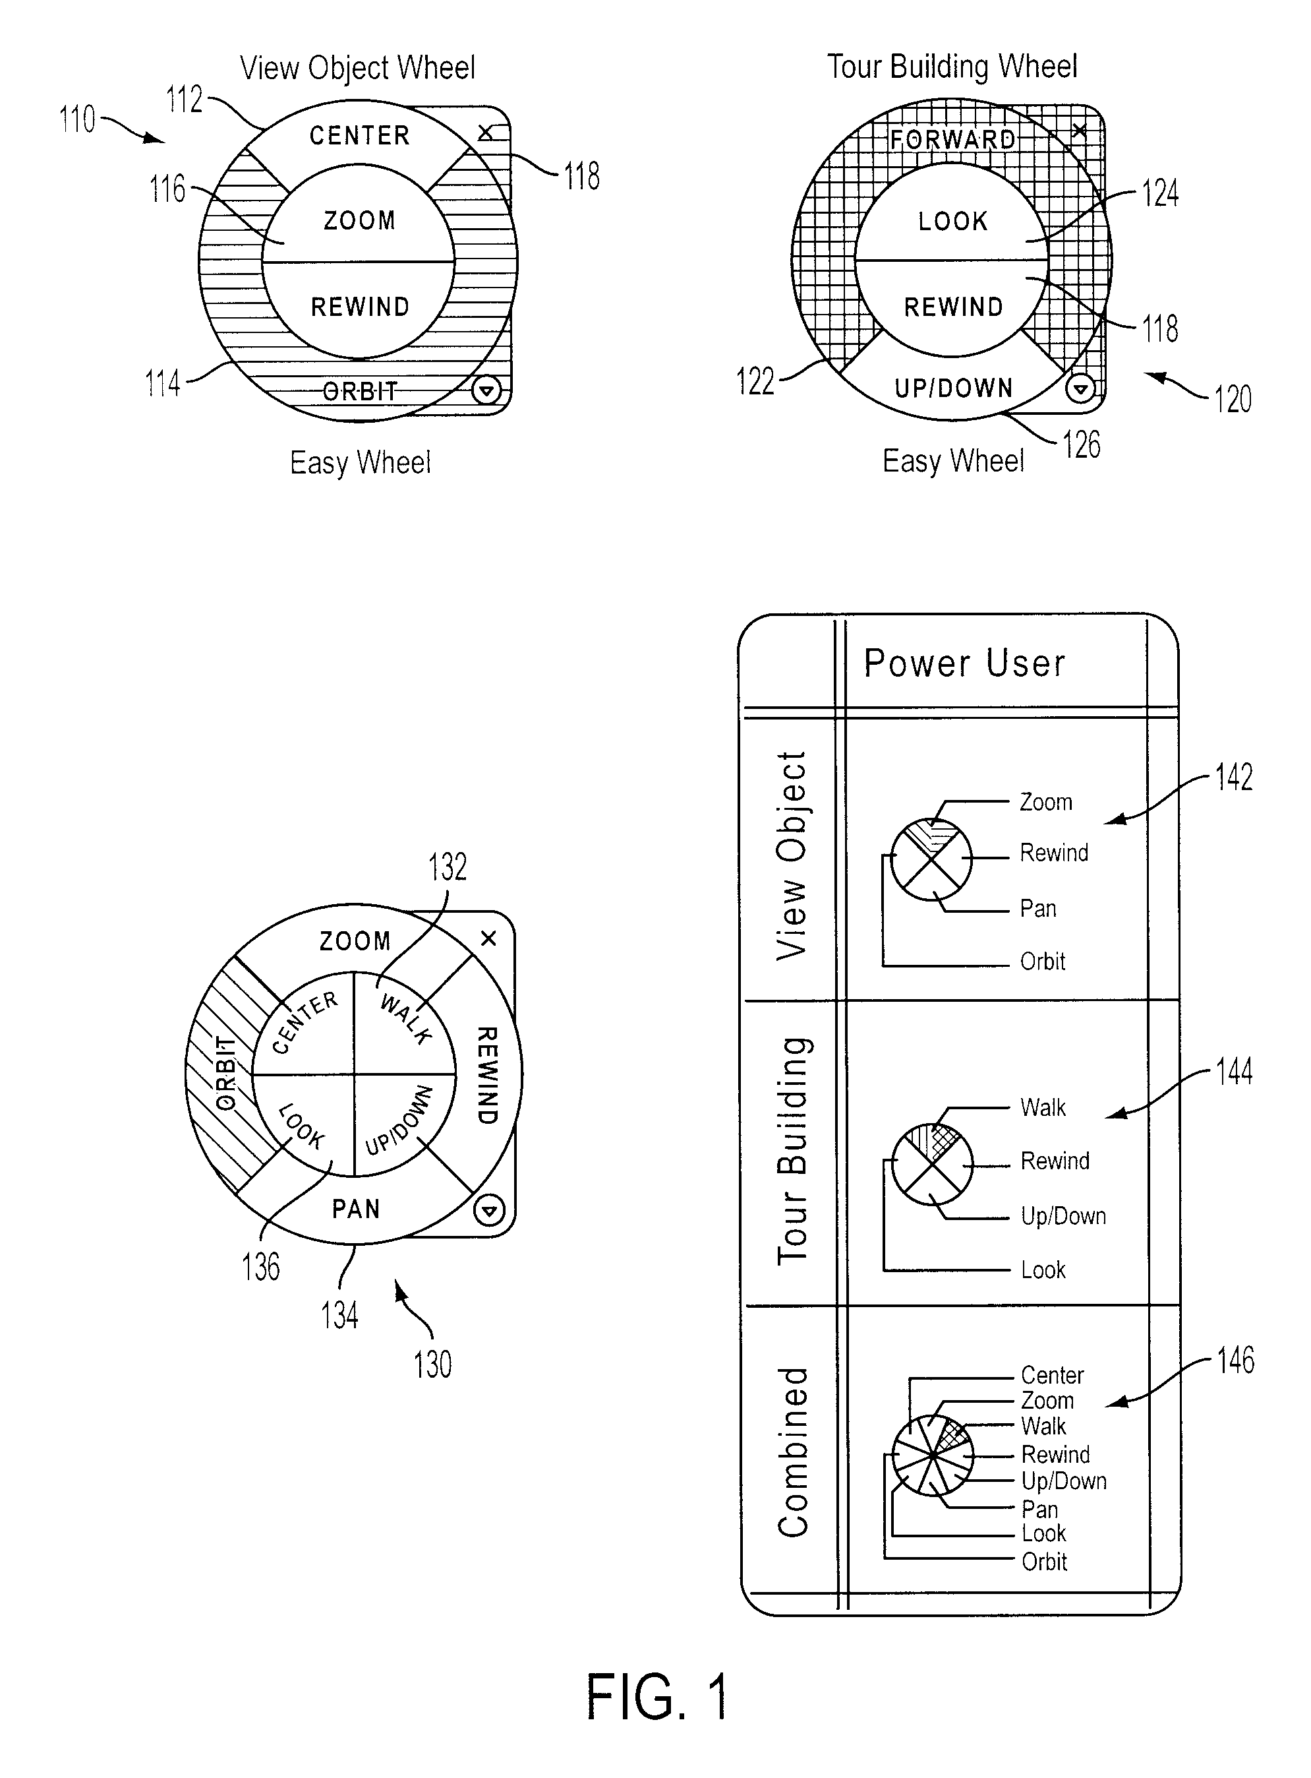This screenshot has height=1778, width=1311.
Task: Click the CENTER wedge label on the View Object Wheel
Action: (x=359, y=136)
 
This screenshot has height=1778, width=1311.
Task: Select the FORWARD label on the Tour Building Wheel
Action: (x=952, y=140)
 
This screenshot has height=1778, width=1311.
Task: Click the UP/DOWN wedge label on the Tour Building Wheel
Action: (x=954, y=388)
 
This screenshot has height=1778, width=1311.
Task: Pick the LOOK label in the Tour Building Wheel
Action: (x=953, y=221)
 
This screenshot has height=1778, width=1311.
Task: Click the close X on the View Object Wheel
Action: (x=486, y=133)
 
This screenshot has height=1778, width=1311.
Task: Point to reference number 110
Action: (x=77, y=119)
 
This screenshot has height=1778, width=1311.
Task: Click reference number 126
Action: (x=1082, y=444)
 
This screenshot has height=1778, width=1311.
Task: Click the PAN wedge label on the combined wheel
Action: (x=355, y=1209)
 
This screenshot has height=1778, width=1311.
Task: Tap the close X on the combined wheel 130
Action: (x=489, y=938)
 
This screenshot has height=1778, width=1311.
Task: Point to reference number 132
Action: (x=448, y=867)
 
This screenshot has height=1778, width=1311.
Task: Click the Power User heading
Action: (x=964, y=663)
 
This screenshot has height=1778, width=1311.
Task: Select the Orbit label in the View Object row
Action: (x=1043, y=962)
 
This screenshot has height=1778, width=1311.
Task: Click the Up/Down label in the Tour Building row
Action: (x=1063, y=1215)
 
